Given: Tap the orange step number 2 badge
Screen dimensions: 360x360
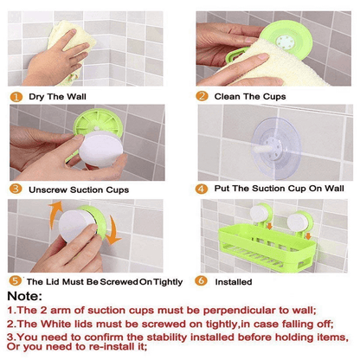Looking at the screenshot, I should coord(202,96).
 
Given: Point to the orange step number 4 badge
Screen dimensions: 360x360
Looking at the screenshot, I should coord(202,187).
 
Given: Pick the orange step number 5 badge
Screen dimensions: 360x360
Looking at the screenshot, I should coord(16,281).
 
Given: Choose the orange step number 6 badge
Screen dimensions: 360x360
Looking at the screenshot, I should coord(202,281).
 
